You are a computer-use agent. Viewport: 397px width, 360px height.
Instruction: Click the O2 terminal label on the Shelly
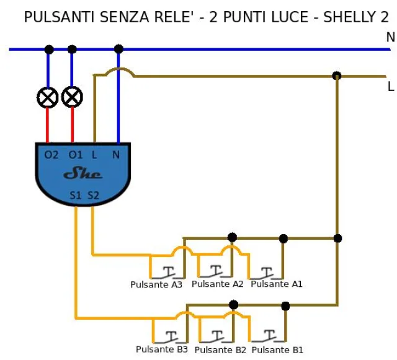coord(51,154)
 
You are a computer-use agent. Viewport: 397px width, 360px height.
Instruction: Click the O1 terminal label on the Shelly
coord(75,154)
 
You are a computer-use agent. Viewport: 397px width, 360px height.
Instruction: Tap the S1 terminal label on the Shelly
coord(76,195)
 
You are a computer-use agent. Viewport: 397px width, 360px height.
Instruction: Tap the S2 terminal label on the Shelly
coord(93,195)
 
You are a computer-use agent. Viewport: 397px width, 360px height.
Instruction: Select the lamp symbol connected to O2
coord(48,97)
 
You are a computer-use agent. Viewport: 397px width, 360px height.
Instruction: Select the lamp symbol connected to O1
coord(73,97)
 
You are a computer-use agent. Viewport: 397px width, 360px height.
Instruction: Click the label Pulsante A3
coord(156,285)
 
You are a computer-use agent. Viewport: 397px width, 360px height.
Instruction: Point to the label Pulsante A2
coord(218,284)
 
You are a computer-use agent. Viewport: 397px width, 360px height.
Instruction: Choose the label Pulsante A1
coord(277,284)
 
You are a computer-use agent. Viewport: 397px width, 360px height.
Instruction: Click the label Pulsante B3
coord(162,349)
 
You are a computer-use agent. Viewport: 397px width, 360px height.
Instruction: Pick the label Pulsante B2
coord(220,350)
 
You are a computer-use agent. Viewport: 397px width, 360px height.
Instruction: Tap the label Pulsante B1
coord(278,350)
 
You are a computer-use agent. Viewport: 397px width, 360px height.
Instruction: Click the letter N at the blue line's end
coord(390,38)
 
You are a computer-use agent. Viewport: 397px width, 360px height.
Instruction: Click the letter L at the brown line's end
coord(391,87)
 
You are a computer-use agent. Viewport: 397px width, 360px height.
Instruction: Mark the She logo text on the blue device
coord(83,174)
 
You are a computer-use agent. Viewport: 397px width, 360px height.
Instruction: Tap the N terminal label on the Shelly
coord(116,154)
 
